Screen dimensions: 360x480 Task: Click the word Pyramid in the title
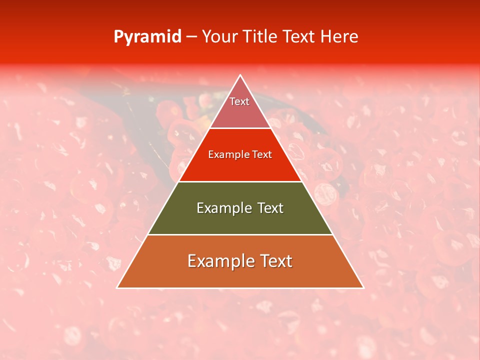point(147,37)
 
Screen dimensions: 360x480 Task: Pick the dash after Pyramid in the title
point(191,37)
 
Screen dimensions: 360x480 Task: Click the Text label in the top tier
point(239,101)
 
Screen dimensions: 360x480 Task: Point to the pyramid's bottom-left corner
point(117,287)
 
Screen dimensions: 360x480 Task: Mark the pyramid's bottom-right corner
point(363,287)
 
